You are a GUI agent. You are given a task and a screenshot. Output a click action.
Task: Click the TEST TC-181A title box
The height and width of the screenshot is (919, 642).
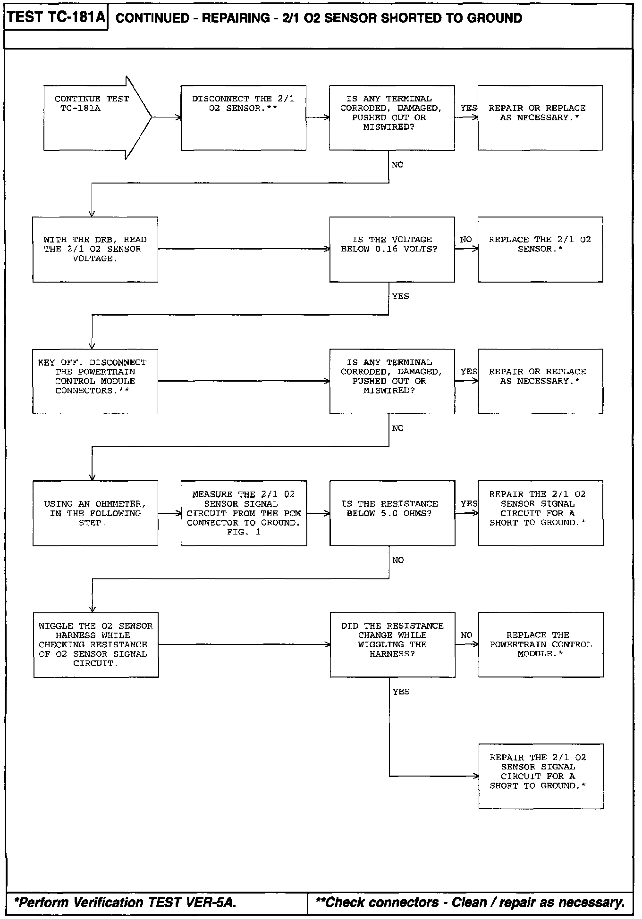56,18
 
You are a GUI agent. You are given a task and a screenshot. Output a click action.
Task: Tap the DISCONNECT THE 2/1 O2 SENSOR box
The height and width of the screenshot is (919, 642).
243,117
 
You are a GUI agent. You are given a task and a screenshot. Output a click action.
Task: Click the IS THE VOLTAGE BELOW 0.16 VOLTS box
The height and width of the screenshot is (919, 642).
392,249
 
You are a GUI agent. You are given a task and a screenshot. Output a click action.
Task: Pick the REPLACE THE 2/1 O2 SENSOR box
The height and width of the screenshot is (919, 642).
540,249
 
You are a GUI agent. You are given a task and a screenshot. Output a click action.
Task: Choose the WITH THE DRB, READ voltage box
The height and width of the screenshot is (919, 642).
95,249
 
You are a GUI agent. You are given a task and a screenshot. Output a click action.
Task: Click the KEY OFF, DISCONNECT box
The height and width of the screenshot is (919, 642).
95,381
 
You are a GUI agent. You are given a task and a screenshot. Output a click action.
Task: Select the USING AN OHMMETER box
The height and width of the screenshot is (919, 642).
95,513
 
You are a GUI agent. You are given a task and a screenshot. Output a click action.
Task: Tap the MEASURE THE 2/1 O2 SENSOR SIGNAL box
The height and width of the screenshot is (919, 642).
244,513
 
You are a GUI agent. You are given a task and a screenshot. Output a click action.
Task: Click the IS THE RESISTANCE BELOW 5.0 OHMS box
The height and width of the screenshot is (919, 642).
392,513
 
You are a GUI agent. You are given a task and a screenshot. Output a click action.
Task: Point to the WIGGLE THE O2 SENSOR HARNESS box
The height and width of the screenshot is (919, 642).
96,645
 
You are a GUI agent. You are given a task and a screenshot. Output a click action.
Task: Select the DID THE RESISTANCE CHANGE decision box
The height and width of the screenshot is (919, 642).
392,645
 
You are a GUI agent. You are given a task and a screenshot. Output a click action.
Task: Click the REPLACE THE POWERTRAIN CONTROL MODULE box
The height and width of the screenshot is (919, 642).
541,645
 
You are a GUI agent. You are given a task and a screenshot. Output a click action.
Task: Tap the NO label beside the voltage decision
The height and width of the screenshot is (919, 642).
466,240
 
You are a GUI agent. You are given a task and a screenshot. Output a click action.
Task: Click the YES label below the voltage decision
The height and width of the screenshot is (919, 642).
400,296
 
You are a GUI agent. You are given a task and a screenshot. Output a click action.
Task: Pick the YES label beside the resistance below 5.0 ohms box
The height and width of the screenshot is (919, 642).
469,504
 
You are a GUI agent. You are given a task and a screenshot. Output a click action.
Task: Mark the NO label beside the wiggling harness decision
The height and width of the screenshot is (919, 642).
466,635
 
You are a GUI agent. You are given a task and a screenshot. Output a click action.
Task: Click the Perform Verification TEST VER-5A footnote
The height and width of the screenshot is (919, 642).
125,902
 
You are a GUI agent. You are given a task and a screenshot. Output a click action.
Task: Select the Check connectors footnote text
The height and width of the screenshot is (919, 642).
470,902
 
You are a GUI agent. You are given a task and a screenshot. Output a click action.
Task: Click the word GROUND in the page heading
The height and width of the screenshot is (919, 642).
494,18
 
